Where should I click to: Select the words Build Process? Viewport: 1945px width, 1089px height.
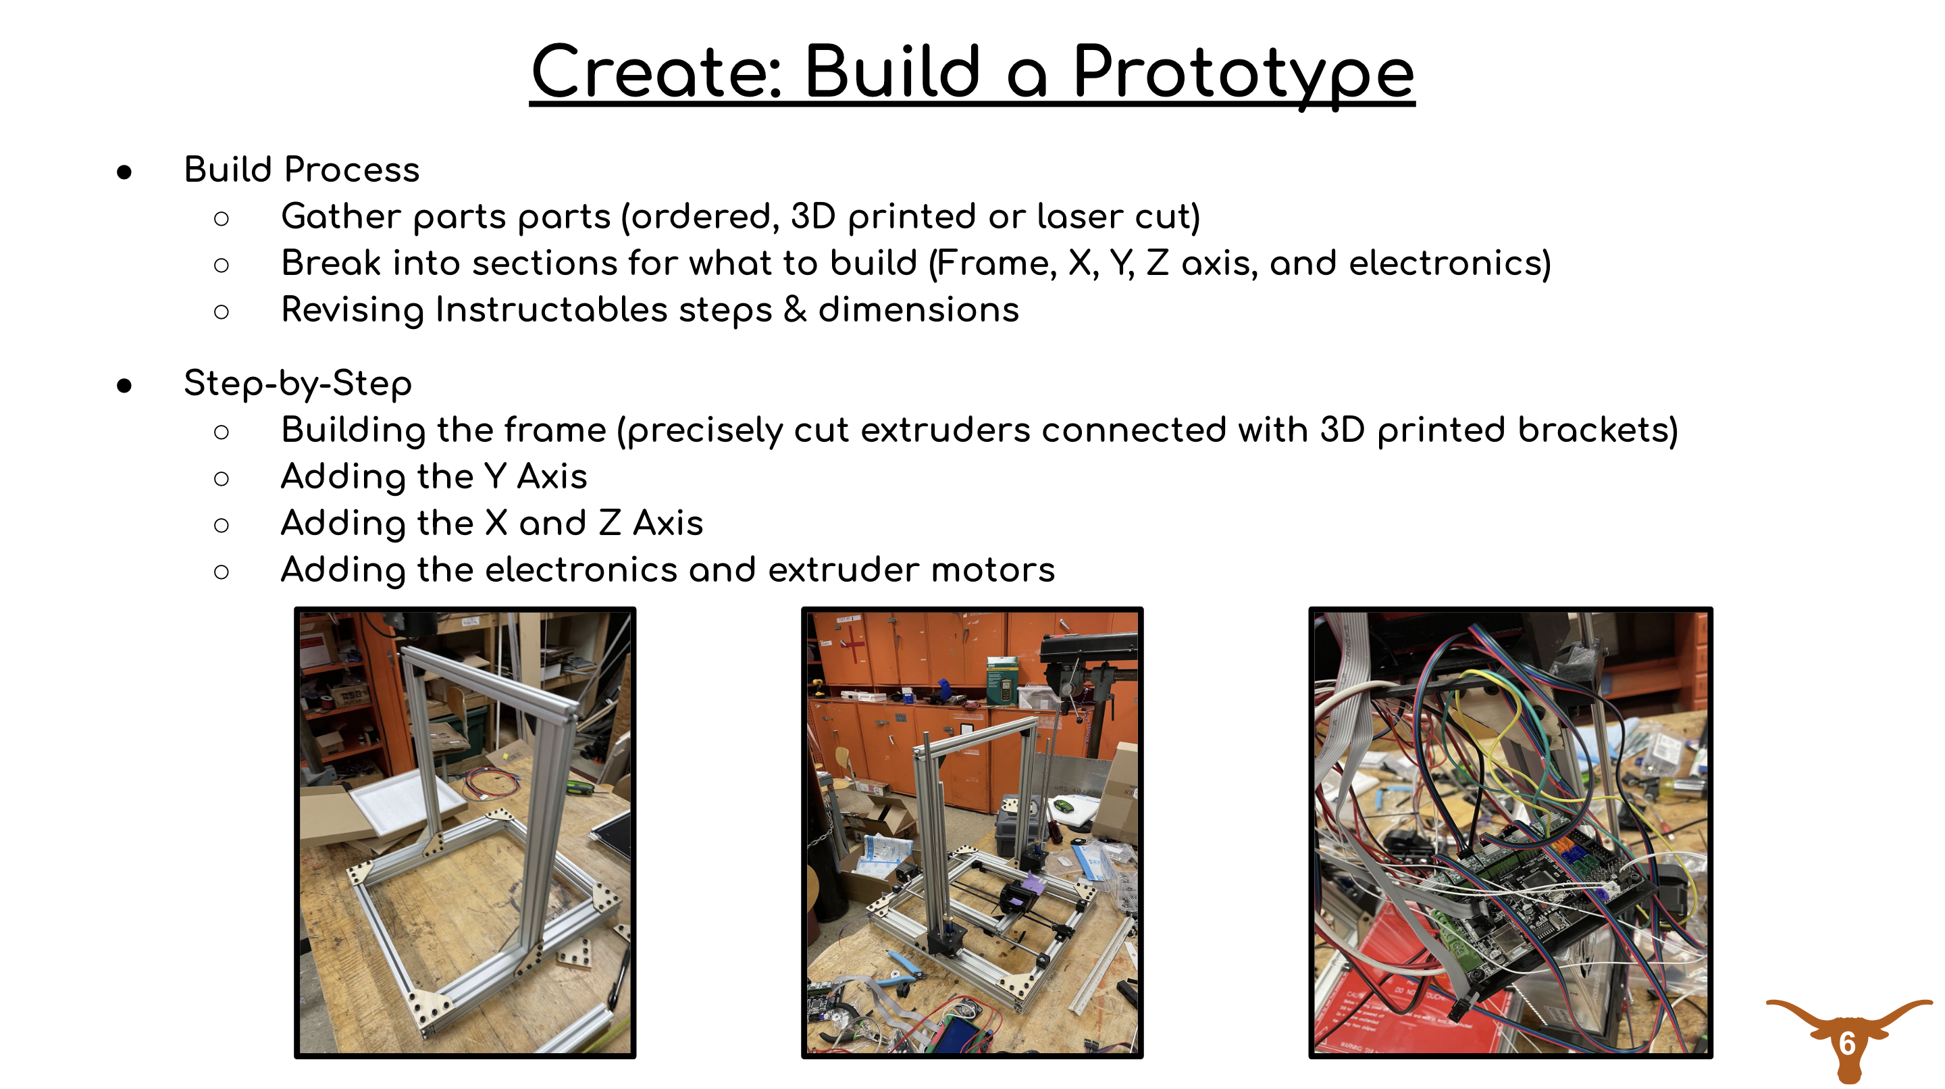(x=301, y=169)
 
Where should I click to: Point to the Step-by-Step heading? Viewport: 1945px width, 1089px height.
(x=297, y=383)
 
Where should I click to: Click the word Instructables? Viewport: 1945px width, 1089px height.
(x=551, y=309)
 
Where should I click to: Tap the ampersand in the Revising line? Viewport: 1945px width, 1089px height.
(x=795, y=309)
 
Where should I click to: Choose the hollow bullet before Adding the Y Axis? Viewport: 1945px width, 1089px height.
(x=222, y=478)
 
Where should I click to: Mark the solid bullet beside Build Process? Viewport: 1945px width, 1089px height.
(x=124, y=172)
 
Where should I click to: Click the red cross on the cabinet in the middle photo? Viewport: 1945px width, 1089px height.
(x=854, y=643)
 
